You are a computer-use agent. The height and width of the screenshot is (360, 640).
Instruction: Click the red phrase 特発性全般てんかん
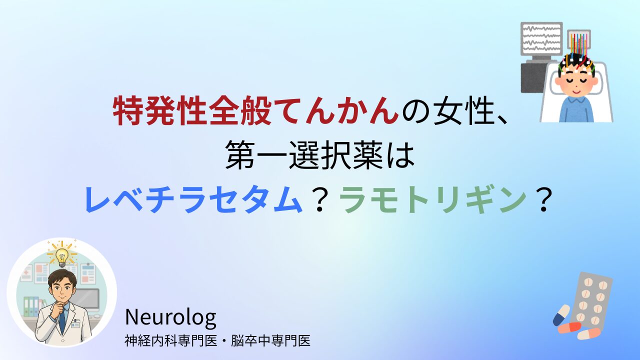click(x=256, y=110)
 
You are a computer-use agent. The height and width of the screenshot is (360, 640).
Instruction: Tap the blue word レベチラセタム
click(x=193, y=199)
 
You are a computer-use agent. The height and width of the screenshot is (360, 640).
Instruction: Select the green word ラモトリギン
click(x=432, y=199)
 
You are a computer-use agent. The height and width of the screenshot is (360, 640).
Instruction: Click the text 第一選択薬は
click(x=319, y=155)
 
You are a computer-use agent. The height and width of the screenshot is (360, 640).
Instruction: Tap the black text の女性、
click(x=454, y=111)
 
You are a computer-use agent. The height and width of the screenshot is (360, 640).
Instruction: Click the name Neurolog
click(x=170, y=318)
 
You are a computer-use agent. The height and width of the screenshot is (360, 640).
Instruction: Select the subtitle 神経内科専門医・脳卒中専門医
click(x=217, y=341)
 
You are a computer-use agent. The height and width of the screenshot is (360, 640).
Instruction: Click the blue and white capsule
click(x=561, y=315)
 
